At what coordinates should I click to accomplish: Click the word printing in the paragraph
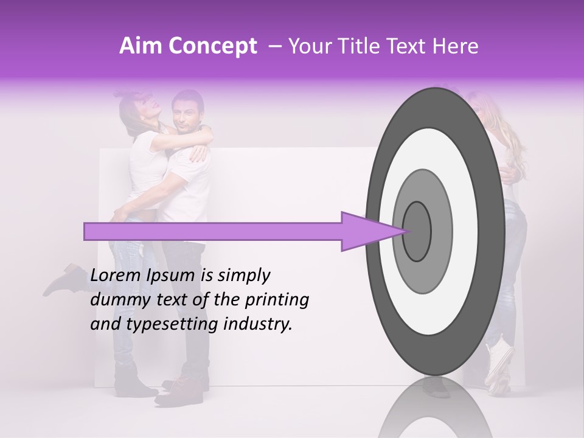(277, 301)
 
